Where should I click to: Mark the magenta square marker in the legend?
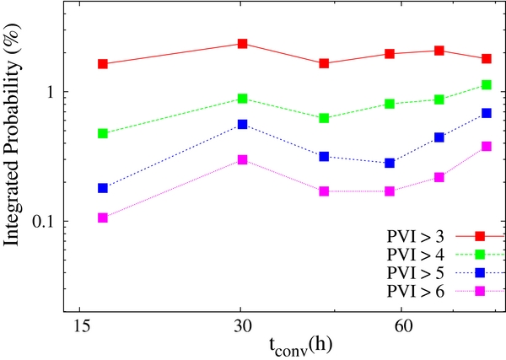click(x=480, y=291)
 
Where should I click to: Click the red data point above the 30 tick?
click(x=242, y=44)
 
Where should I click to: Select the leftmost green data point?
click(x=103, y=133)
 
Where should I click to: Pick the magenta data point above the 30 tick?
click(x=242, y=159)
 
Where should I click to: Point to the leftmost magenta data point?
click(x=103, y=218)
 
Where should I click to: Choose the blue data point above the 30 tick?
click(x=242, y=124)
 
